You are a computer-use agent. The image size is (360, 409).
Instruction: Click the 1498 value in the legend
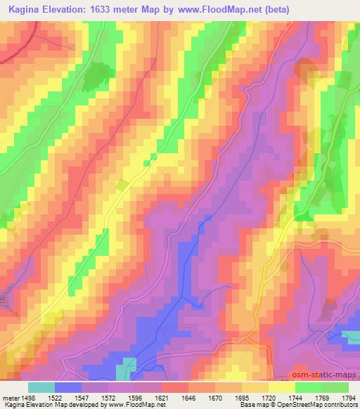(x=28, y=397)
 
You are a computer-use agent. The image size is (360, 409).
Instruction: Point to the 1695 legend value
(x=241, y=397)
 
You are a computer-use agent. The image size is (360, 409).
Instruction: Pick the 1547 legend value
(x=83, y=397)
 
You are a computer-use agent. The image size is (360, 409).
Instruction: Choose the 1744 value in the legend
(x=294, y=397)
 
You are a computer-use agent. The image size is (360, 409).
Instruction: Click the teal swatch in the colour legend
(x=41, y=387)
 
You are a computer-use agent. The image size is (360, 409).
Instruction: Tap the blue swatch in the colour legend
(x=68, y=387)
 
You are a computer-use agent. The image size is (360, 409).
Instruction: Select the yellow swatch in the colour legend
(x=281, y=387)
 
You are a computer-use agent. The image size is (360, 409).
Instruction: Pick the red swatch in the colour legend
(x=175, y=387)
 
